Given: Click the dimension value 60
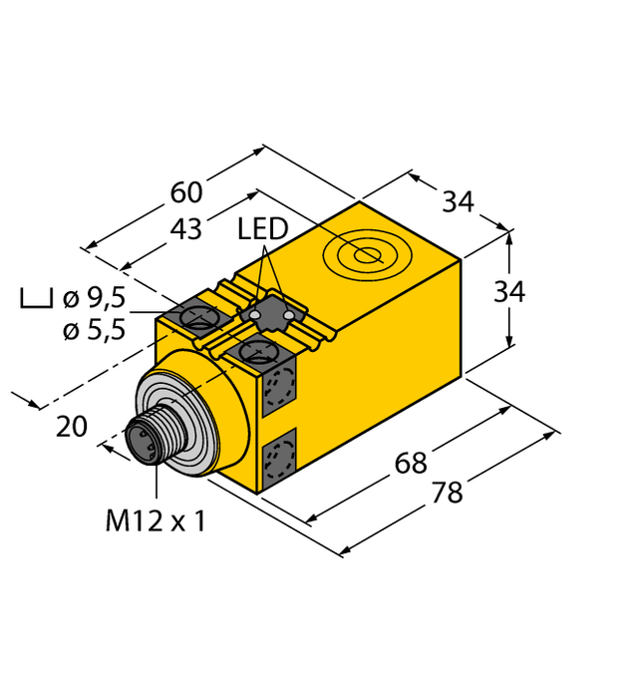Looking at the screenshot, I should pos(186,191).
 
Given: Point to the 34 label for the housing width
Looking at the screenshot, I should pos(458,201).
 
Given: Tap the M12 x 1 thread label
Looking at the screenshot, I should pos(156,519).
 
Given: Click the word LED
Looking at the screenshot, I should pos(262,230).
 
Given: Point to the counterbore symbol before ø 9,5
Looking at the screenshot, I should pos(36,298).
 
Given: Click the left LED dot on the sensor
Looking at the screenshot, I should pos(255,317).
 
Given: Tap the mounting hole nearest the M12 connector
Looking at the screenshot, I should pos(258,351).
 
